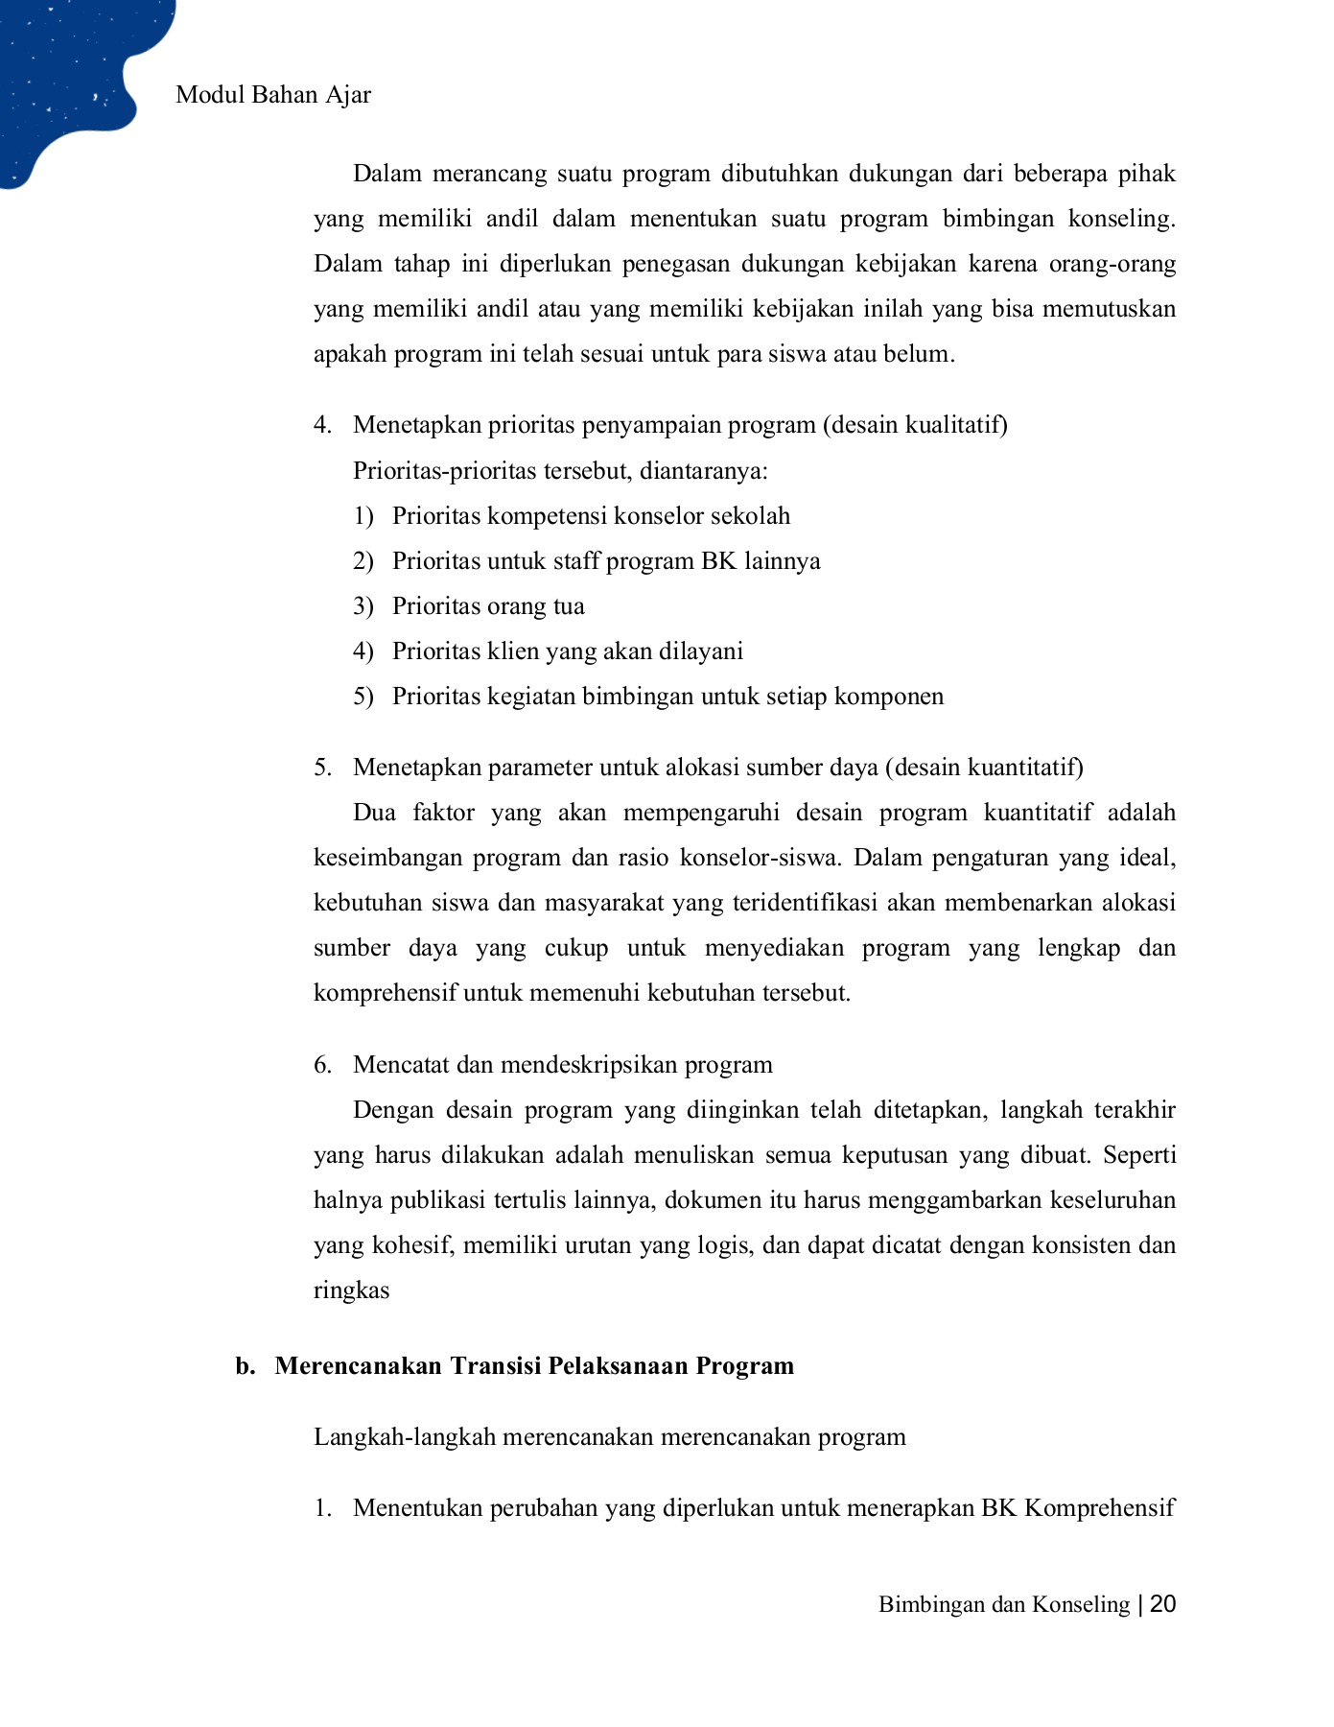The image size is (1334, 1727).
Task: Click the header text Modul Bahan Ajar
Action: (x=273, y=95)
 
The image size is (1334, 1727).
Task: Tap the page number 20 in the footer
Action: (x=1162, y=1604)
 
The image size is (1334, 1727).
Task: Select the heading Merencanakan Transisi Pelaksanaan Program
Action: (x=534, y=1365)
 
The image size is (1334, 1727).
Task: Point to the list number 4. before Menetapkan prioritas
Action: (x=322, y=425)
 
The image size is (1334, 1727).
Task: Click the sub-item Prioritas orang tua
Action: (x=487, y=606)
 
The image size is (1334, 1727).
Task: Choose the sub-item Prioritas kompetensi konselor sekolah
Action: (x=591, y=516)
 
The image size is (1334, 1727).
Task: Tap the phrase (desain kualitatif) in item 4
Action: (x=915, y=425)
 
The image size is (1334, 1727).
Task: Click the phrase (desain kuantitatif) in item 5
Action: (x=984, y=768)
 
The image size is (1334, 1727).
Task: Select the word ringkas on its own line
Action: (x=351, y=1290)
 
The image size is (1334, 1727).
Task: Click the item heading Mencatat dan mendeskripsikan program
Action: (x=562, y=1065)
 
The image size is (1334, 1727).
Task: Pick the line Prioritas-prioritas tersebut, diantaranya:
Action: (x=560, y=471)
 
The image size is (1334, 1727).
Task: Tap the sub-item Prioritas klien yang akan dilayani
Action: (x=567, y=651)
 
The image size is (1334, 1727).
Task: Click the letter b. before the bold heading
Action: (x=246, y=1365)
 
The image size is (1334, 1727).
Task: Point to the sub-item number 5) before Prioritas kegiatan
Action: (x=363, y=697)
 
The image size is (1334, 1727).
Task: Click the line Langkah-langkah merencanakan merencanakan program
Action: (x=609, y=1437)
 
